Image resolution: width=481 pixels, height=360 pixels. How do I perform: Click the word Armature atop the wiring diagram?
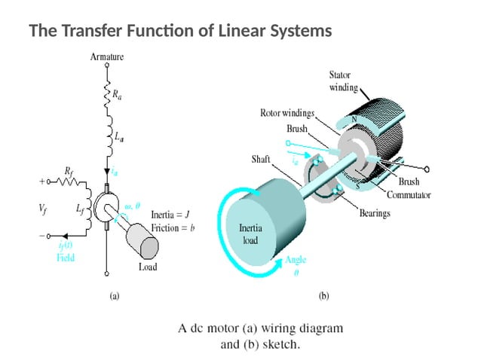107,56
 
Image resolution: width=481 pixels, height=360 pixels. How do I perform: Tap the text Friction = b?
173,227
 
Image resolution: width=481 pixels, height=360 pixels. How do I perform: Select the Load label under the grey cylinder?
148,267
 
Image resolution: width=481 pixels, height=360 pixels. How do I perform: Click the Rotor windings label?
287,114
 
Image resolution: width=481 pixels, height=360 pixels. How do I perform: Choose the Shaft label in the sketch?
261,160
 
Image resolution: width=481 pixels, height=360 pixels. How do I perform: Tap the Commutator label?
408,195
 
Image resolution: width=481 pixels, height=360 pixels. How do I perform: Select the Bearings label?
374,214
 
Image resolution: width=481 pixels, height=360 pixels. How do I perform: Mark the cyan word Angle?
296,261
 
